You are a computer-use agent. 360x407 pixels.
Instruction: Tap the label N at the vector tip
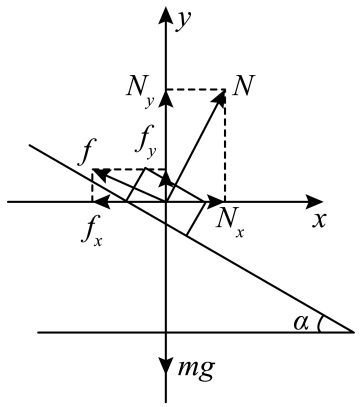[x=241, y=84]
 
